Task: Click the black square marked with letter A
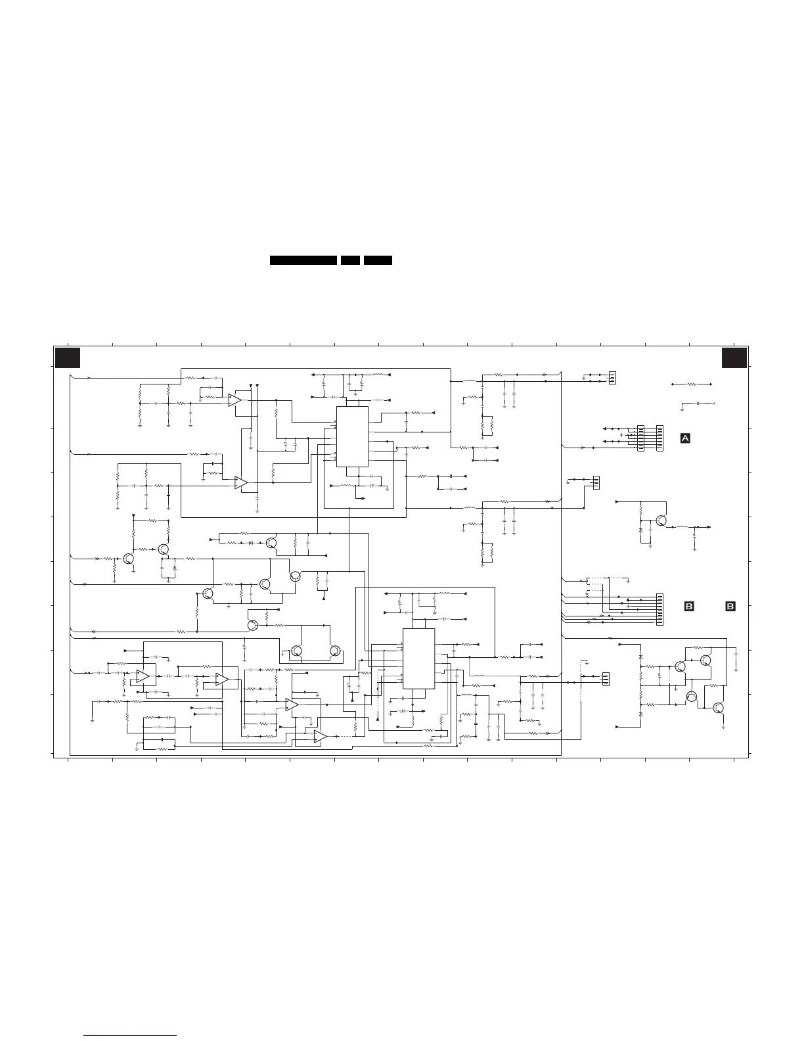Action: pos(685,438)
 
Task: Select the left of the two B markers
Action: pos(689,607)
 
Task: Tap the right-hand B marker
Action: pos(730,607)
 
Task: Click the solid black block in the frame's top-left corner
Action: pos(68,358)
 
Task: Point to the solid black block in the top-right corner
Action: pos(734,358)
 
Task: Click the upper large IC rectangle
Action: pos(352,436)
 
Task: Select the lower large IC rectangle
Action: pos(418,659)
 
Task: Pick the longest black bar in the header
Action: pos(303,260)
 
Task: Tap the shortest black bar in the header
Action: pos(350,260)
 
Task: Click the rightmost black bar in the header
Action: pos(378,260)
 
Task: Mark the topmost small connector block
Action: pos(612,378)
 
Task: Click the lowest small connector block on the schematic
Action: pos(605,679)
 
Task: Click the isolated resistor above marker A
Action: pos(691,384)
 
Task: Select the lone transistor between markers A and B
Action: pos(660,521)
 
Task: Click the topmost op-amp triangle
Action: pos(234,400)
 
